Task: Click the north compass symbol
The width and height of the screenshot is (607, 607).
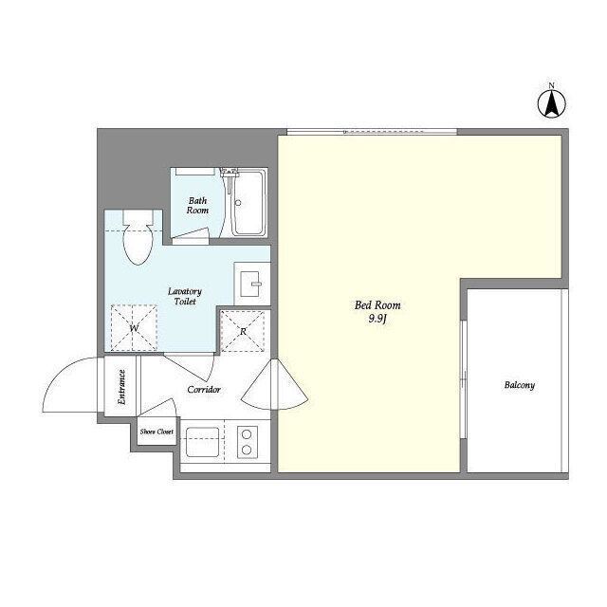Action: click(552, 103)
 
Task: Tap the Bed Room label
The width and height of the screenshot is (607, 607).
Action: click(377, 305)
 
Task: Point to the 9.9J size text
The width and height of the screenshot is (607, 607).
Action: click(377, 319)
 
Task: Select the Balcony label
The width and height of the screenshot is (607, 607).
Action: click(520, 385)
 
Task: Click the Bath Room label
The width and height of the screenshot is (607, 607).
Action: click(197, 206)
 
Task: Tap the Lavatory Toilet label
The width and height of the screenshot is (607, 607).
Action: click(185, 296)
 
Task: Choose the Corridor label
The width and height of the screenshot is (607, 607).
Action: click(204, 390)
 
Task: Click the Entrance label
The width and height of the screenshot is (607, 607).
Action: click(122, 388)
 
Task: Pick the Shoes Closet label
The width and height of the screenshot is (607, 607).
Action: click(156, 432)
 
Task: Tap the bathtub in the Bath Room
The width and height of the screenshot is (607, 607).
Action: click(249, 203)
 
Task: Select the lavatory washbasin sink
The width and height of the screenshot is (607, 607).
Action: click(249, 284)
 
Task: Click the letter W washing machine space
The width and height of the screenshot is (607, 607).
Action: click(134, 328)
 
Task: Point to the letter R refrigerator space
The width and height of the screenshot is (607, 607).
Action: click(243, 331)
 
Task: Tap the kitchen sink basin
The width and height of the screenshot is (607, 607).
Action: click(202, 442)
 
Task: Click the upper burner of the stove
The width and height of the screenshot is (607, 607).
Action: click(247, 434)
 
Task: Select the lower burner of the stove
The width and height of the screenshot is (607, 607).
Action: click(247, 450)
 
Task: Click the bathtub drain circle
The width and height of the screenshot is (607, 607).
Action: click(238, 203)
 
